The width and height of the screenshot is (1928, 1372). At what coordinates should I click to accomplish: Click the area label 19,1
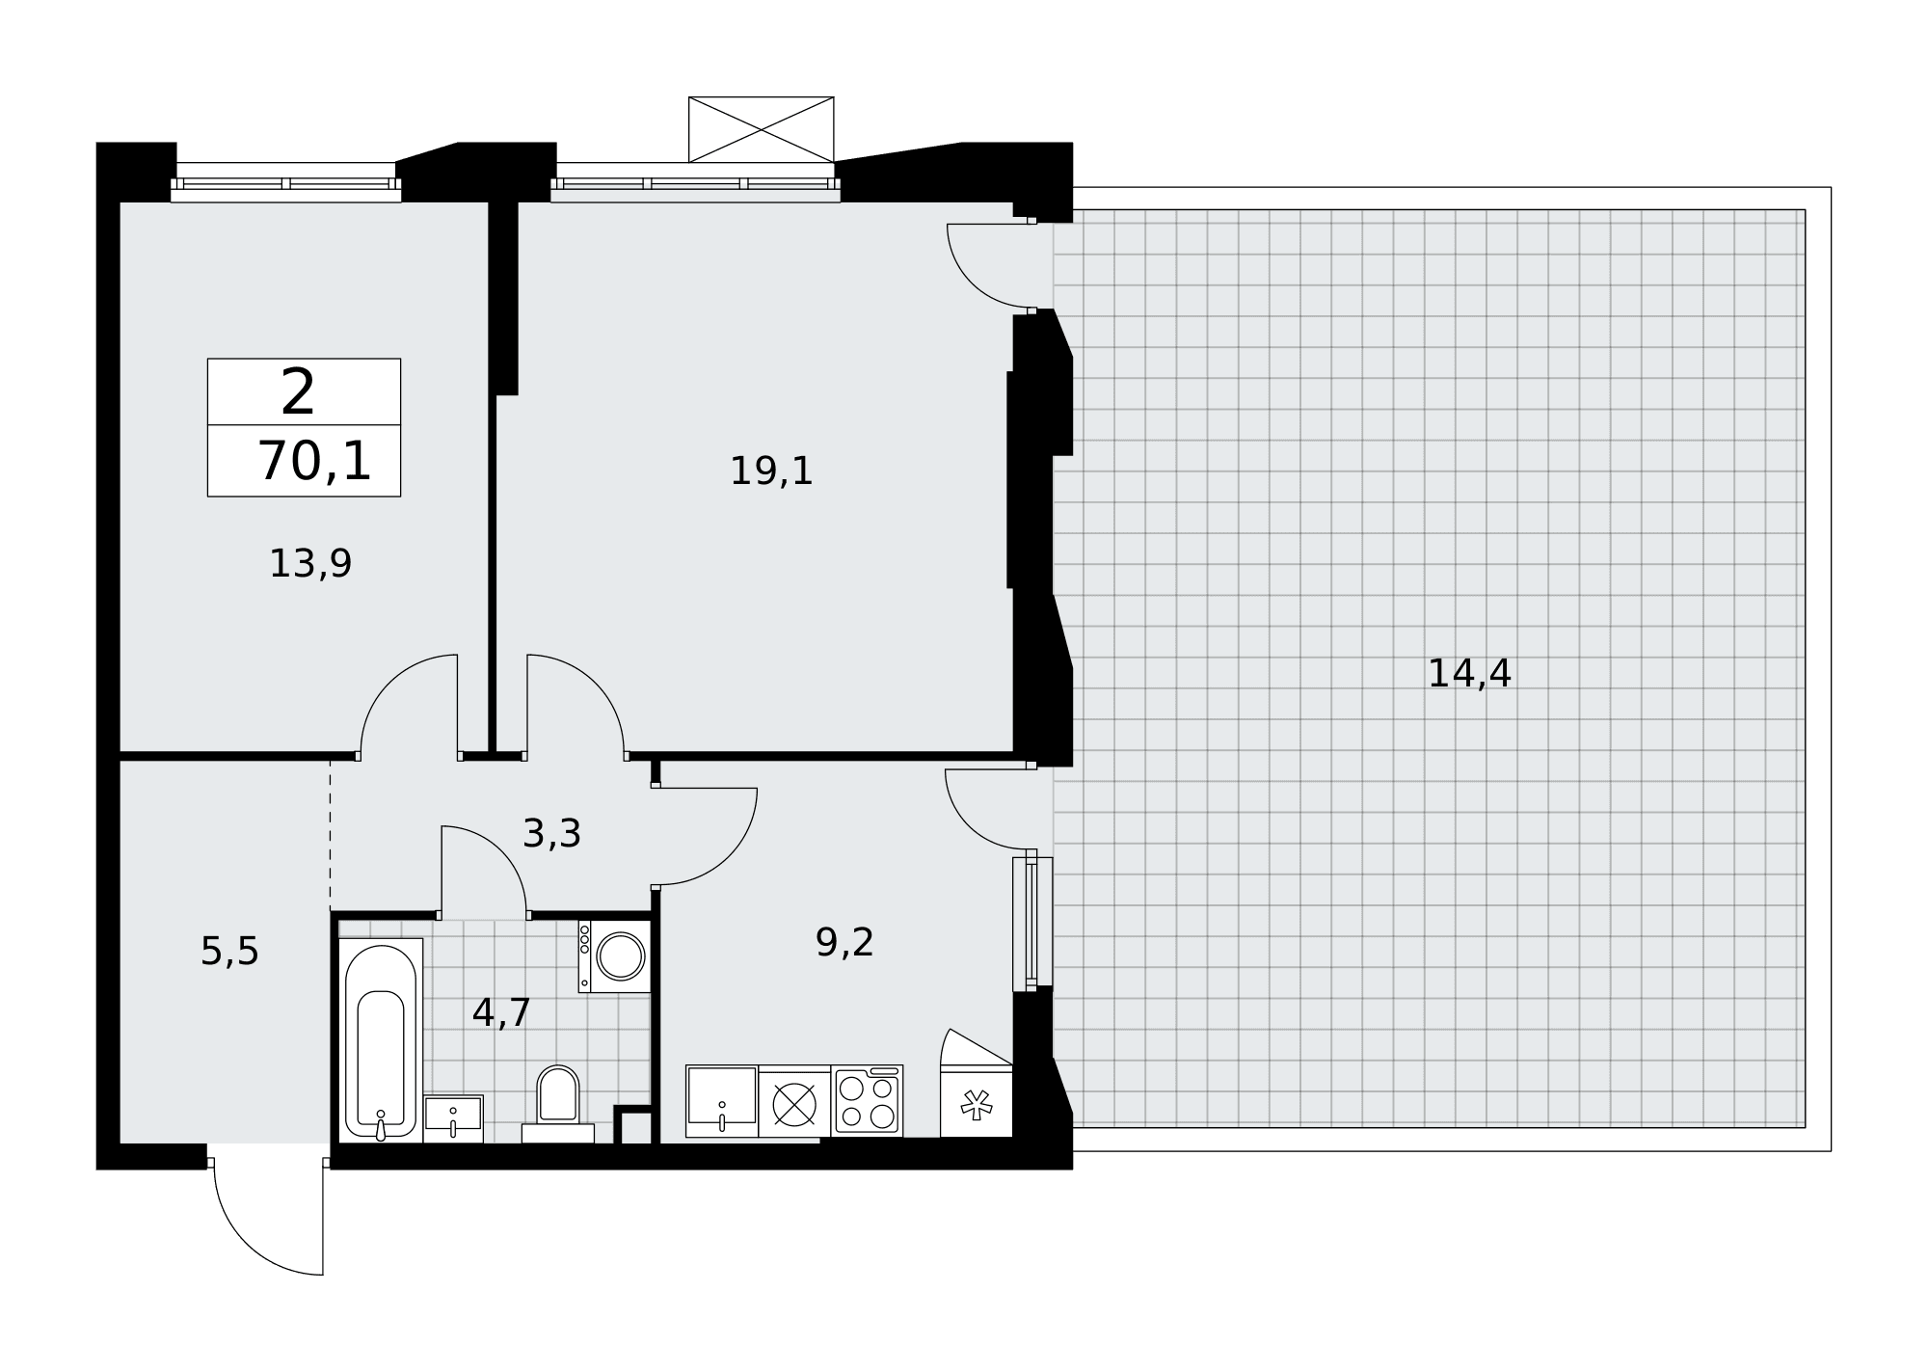[x=771, y=471]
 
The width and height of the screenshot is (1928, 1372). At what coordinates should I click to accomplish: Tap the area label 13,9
[x=309, y=563]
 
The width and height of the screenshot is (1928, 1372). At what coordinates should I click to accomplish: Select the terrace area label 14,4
[x=1468, y=673]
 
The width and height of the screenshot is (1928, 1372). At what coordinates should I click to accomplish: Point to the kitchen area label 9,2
[x=844, y=942]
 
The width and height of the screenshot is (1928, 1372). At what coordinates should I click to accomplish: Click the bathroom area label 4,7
[x=501, y=1012]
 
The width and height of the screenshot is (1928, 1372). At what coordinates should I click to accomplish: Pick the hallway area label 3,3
[x=551, y=833]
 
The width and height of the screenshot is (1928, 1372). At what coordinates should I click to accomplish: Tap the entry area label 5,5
[x=229, y=952]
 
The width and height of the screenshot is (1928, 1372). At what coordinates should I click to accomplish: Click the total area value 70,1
[x=314, y=461]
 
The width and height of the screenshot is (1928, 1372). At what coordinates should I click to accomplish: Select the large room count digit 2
[x=298, y=391]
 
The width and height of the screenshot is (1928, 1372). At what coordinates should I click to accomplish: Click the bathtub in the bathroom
[x=381, y=1039]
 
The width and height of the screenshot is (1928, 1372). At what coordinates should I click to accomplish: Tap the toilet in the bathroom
[x=557, y=1104]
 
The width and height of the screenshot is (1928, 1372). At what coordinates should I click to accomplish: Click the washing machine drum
[x=621, y=955]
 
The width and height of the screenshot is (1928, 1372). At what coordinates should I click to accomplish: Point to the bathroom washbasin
[x=453, y=1118]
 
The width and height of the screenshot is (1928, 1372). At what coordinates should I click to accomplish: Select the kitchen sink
[x=722, y=1101]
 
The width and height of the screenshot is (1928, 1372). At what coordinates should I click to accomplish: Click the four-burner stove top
[x=867, y=1101]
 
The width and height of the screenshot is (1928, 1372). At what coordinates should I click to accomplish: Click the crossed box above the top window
[x=761, y=129]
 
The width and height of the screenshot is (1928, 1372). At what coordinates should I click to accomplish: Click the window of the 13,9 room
[x=285, y=183]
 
